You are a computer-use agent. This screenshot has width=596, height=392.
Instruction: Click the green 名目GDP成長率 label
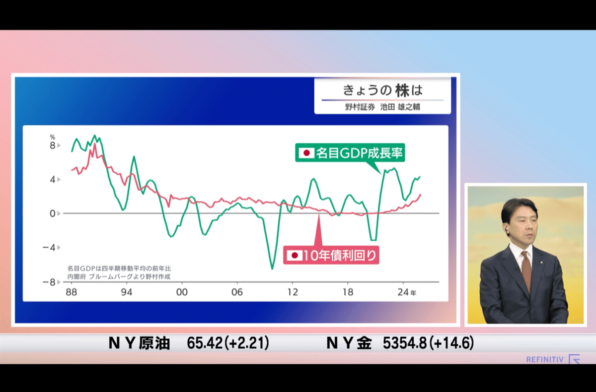pos(350,153)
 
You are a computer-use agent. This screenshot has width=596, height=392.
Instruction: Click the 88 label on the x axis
pos(72,293)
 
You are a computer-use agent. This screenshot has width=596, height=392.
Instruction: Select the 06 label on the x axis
pos(237,293)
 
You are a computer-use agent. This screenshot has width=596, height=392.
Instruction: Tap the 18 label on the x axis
pos(348,293)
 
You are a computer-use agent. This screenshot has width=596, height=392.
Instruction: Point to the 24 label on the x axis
pos(403,293)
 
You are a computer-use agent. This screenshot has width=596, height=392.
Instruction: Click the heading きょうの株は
pos(382,91)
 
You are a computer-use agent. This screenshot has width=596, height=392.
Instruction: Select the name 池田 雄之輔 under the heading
pos(400,106)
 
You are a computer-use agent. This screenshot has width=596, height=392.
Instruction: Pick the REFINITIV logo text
pos(545,359)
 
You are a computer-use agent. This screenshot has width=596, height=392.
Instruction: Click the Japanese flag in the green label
pos(306,153)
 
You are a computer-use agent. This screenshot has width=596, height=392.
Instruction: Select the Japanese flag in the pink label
pos(295,256)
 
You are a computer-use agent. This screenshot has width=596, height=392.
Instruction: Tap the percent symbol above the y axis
pos(52,136)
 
